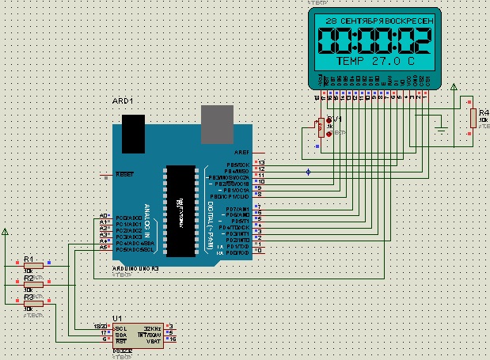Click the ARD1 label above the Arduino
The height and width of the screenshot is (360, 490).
coord(123,101)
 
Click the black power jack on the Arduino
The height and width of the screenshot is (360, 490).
coord(131,134)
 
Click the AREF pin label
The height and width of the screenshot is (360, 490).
coord(241,151)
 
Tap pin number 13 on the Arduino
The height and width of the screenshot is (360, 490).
coord(261,162)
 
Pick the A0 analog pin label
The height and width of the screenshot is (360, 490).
coord(104,216)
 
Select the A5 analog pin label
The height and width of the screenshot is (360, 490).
coord(104,247)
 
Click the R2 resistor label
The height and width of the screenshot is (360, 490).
coord(28,278)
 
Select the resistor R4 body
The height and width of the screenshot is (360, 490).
coord(473,118)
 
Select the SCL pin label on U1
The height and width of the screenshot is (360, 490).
coord(120,328)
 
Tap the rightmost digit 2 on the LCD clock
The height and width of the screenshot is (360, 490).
coord(421,40)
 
